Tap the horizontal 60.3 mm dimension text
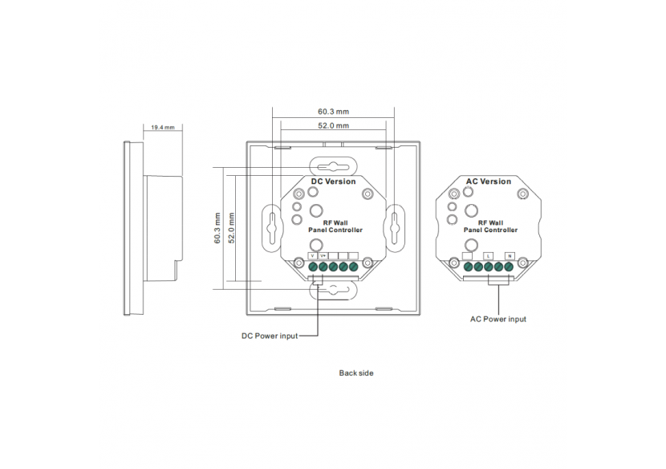[333, 112]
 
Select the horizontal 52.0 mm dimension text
[333, 126]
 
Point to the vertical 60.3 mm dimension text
[217, 228]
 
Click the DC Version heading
[333, 181]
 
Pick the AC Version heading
[489, 181]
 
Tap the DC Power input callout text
[270, 336]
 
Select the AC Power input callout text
[498, 319]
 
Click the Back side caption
[355, 373]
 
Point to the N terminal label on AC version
[510, 255]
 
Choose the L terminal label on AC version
[489, 255]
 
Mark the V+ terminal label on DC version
[323, 255]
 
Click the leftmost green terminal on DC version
[312, 266]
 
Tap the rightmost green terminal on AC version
[509, 266]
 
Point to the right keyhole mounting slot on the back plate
[395, 224]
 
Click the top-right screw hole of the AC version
[522, 194]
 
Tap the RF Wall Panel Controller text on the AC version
[490, 226]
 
